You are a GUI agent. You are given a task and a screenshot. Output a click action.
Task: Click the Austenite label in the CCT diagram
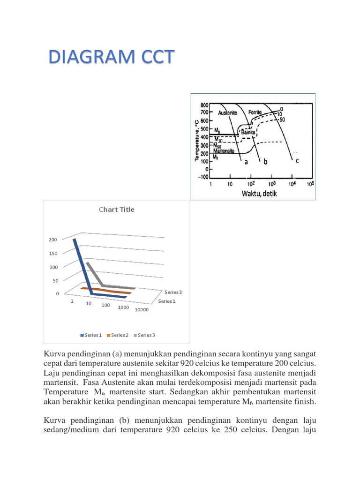(x=227, y=112)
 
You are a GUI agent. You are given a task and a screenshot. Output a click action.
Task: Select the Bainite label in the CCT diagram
(x=248, y=133)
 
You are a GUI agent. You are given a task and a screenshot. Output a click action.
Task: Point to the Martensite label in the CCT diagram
(x=224, y=151)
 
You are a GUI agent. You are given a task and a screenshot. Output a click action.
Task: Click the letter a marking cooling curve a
(x=245, y=162)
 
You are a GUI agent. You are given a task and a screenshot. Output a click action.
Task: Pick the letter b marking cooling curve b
(x=265, y=162)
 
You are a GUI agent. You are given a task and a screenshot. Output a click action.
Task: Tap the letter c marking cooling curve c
(x=297, y=161)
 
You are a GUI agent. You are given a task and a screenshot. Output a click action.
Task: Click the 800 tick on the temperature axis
(x=205, y=105)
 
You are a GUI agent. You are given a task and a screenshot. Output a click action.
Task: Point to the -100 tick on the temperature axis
(x=203, y=177)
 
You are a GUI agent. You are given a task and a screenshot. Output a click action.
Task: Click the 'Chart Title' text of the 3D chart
(x=117, y=210)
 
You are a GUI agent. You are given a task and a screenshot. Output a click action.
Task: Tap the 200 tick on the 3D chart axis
(x=53, y=240)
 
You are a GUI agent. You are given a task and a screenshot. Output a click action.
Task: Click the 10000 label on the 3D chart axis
(x=141, y=309)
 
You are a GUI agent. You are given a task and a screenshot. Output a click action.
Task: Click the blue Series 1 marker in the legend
(x=83, y=335)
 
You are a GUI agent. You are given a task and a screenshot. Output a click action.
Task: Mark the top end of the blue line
(x=75, y=239)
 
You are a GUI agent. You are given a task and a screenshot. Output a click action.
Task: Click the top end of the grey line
(x=87, y=263)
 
